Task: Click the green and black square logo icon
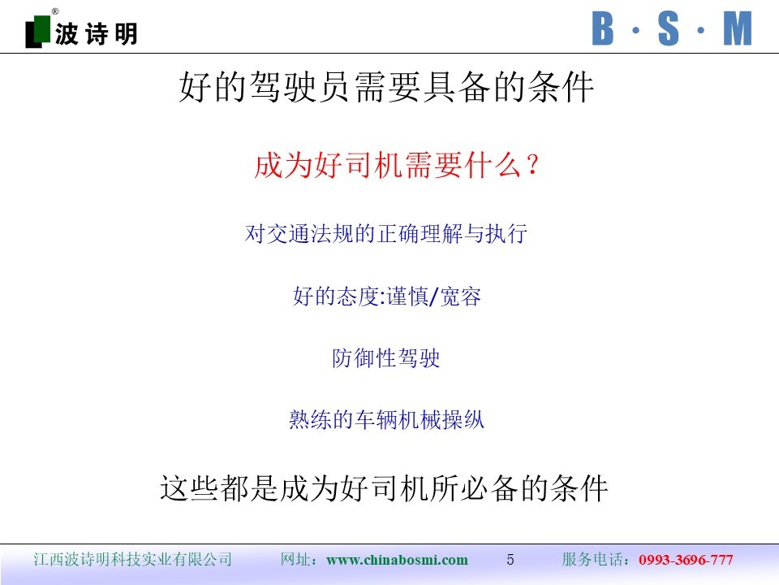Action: [38, 32]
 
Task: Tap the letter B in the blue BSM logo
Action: [603, 29]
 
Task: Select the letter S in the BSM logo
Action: [668, 29]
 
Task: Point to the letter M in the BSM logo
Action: [738, 29]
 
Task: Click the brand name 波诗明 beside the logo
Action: [96, 34]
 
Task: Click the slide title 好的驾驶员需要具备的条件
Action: [386, 87]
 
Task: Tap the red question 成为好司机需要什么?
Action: [396, 165]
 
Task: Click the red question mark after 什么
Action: [532, 165]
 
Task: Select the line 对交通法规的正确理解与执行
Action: [386, 233]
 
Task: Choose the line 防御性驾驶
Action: [386, 357]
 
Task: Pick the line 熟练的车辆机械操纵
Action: [386, 420]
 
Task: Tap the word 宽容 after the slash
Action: [461, 296]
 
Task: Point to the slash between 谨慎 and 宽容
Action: [433, 297]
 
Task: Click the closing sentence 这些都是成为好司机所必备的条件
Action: [384, 488]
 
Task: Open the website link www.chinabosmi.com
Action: [397, 560]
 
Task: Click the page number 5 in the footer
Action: [510, 560]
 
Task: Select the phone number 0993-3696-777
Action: [686, 560]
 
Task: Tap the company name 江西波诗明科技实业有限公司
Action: [132, 559]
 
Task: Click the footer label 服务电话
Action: [592, 559]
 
